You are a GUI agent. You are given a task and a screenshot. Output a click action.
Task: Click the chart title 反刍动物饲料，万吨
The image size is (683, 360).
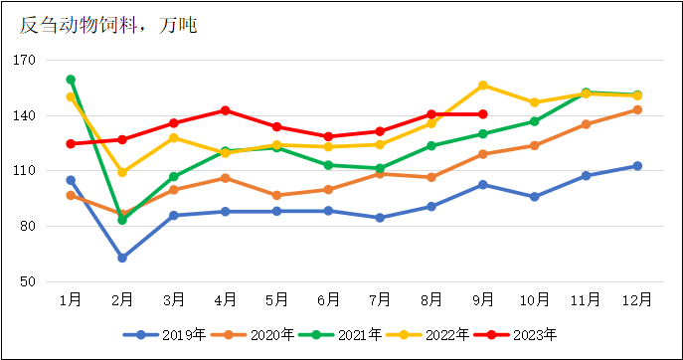[108, 25]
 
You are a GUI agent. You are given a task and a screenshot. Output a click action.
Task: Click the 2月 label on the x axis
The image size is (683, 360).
[122, 299]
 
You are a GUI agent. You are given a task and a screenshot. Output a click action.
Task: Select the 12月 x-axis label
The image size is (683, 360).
[637, 299]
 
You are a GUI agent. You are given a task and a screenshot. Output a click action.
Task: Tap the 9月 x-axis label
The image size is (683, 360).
[483, 299]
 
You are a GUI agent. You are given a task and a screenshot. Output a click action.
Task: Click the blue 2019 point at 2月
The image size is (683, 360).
[122, 258]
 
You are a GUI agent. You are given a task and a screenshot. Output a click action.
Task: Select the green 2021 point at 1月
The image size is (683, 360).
[71, 80]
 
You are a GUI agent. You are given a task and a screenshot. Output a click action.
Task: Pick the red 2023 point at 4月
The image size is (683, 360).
[226, 110]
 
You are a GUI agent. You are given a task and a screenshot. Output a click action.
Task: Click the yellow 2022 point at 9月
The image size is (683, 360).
[483, 86]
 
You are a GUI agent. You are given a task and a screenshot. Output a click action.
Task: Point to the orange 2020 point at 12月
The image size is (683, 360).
[637, 109]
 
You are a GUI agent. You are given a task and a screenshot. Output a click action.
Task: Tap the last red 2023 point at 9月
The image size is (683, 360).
[483, 114]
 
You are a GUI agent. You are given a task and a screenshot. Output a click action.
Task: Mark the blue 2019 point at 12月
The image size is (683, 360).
[637, 166]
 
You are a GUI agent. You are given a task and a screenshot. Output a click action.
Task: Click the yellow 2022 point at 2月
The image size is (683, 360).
[122, 172]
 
